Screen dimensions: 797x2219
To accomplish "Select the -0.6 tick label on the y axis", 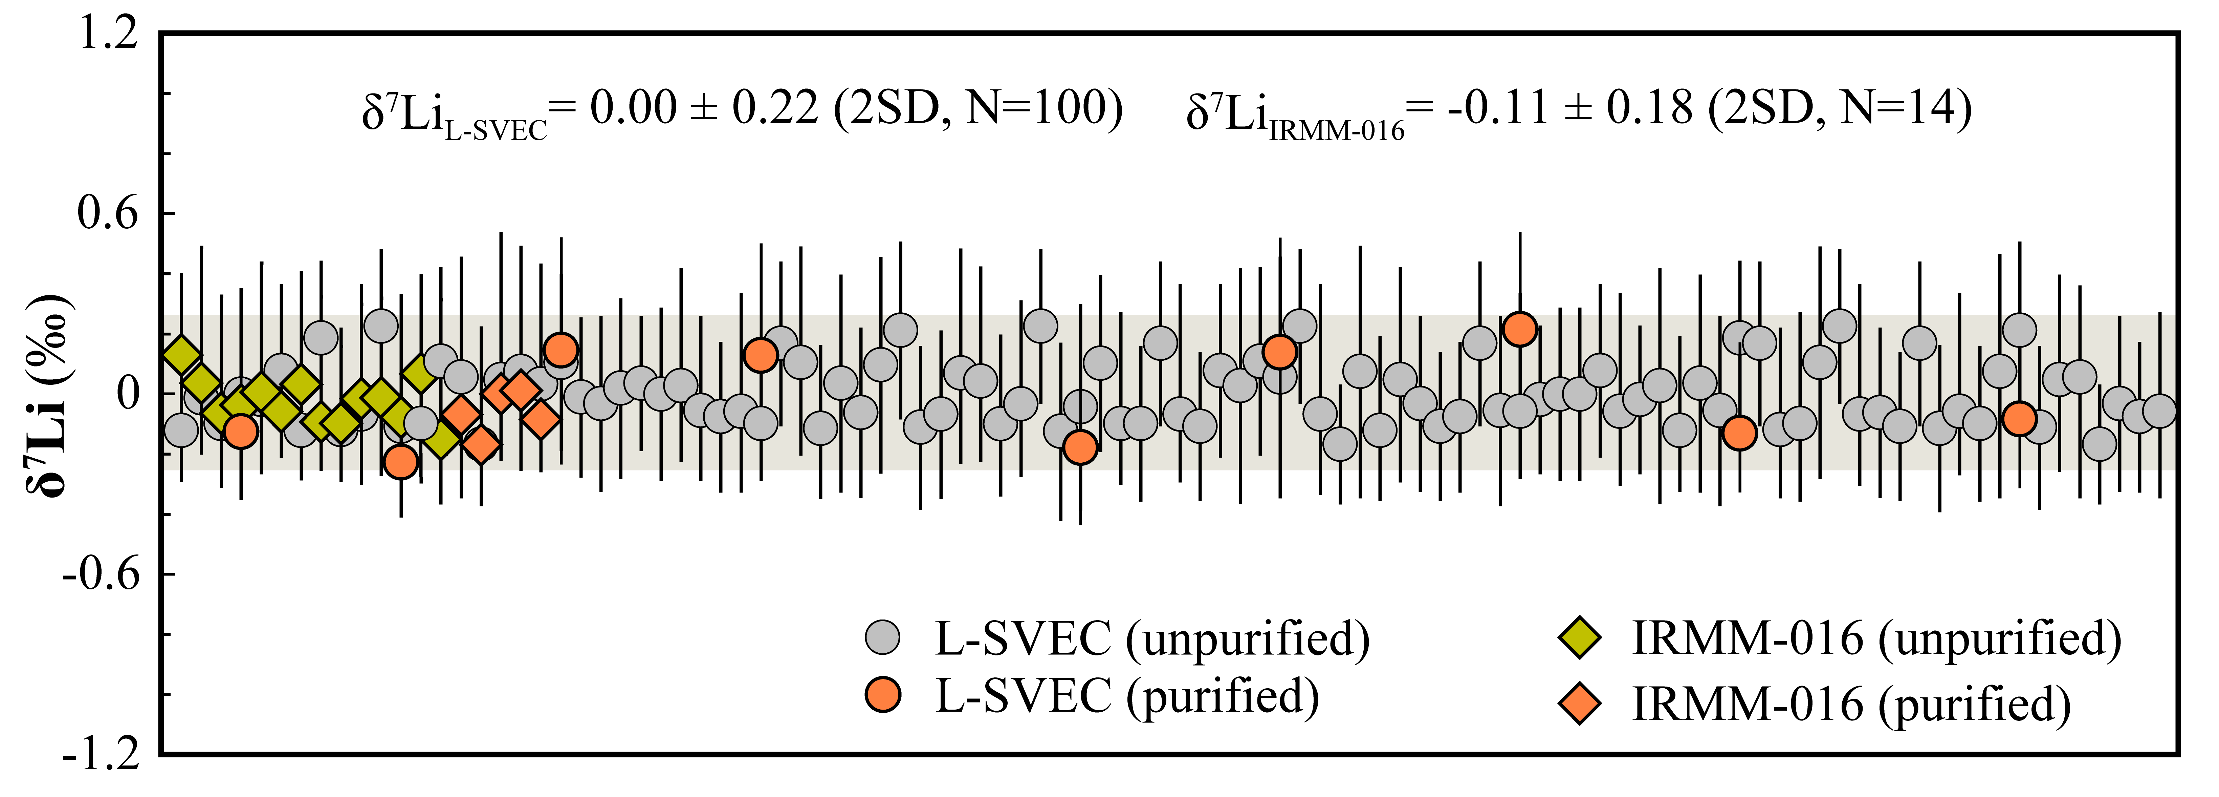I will click(101, 574).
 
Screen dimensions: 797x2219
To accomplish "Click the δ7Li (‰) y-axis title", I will click(50, 396).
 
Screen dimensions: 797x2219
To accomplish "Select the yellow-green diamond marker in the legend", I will click(1580, 637).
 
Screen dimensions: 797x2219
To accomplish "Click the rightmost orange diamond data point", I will click(540, 420).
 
